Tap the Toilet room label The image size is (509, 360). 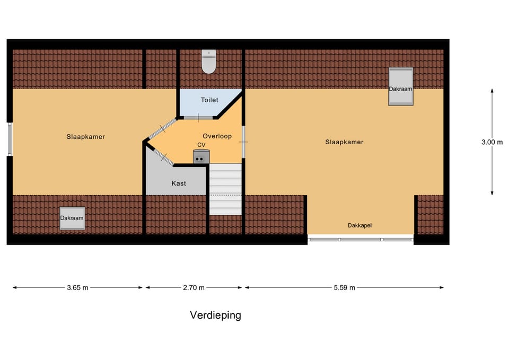209,100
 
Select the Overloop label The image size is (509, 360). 217,136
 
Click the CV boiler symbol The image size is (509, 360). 201,156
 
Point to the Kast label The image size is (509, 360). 179,183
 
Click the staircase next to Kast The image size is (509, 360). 225,188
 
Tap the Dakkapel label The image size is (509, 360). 360,225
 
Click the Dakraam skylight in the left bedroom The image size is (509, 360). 72,218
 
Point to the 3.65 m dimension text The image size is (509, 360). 77,288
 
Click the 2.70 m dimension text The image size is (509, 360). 194,288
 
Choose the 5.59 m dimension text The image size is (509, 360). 344,288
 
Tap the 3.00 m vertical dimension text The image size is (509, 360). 492,142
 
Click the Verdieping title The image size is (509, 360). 215,315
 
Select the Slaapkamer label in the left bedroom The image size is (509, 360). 86,137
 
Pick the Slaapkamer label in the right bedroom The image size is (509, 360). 345,142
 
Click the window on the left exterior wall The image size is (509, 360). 10,139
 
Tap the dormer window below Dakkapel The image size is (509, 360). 361,239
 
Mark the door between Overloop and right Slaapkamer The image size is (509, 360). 243,142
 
